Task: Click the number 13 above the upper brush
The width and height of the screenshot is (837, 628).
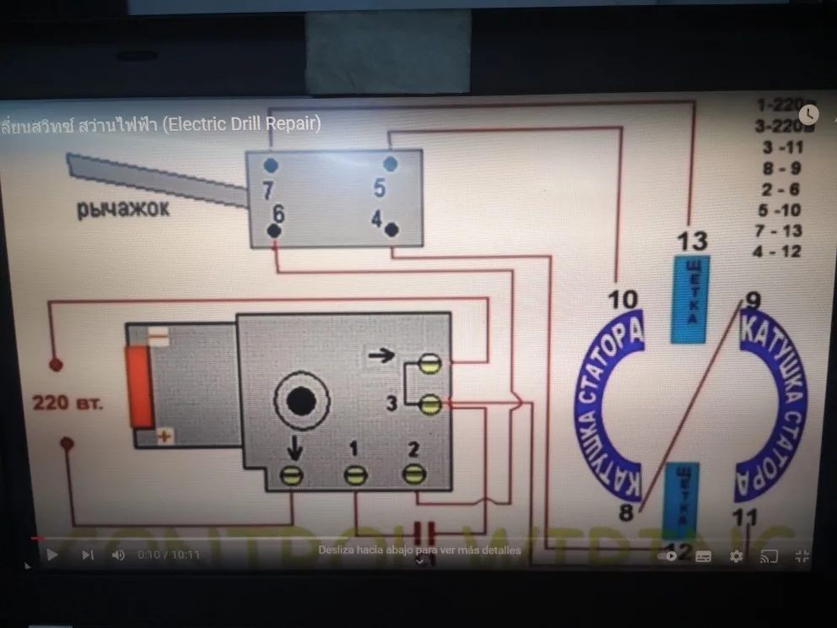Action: [692, 241]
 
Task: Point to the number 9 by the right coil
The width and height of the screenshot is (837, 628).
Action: [753, 300]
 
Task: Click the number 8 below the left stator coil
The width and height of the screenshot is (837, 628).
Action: [626, 512]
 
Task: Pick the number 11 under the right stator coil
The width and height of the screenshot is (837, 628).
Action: [745, 517]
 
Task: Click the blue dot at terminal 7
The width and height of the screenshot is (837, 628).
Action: [269, 165]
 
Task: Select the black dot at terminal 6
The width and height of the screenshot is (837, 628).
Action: [274, 230]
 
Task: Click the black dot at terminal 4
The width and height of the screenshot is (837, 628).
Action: [391, 229]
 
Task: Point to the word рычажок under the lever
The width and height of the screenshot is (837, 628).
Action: [123, 209]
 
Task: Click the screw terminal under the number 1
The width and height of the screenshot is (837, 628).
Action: [355, 475]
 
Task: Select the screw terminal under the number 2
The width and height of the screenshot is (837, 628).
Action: [413, 474]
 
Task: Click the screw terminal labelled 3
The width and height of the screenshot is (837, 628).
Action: [429, 404]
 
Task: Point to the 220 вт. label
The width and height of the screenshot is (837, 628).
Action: [67, 402]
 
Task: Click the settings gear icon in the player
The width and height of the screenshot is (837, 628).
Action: [736, 555]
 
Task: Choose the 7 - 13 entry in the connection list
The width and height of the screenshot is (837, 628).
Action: [780, 230]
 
